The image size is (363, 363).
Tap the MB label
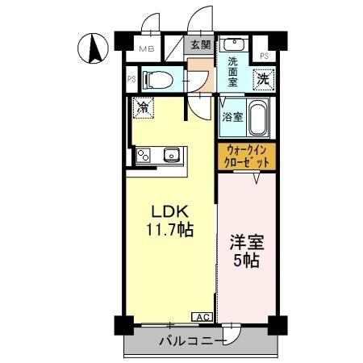click(147, 49)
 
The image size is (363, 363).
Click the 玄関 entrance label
click(201, 44)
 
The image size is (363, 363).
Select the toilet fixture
click(158, 80)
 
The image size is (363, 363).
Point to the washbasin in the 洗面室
click(233, 45)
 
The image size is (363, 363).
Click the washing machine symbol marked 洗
click(263, 79)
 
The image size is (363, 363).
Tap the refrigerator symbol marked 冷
click(143, 107)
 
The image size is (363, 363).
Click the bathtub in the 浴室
click(258, 118)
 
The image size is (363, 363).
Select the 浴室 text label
click(232, 117)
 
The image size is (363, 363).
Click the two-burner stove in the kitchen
click(143, 155)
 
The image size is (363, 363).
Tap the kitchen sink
click(172, 155)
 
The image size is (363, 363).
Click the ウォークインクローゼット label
click(247, 156)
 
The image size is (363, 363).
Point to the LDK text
click(169, 212)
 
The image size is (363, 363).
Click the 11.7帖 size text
click(169, 230)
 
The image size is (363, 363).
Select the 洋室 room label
click(247, 242)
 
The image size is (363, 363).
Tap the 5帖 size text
click(247, 260)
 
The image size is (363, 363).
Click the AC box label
click(202, 317)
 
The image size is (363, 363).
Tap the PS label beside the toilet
click(131, 79)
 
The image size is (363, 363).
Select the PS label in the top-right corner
click(264, 56)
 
